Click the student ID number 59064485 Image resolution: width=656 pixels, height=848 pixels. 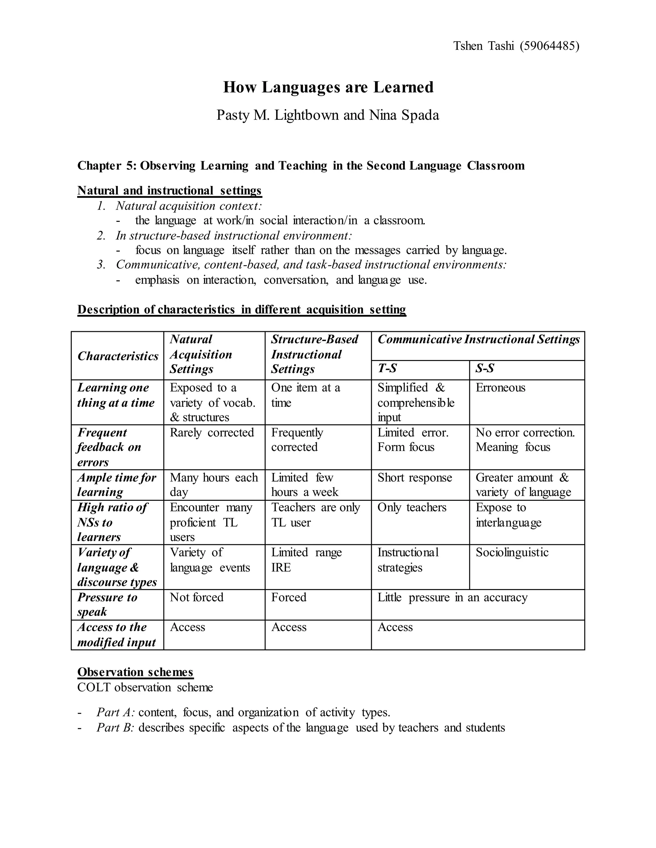click(x=549, y=46)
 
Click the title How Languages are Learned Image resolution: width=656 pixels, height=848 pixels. click(x=328, y=87)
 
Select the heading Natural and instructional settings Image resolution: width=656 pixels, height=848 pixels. click(x=169, y=191)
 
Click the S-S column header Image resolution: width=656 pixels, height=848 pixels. click(x=485, y=368)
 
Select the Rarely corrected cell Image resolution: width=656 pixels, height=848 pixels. click(x=212, y=433)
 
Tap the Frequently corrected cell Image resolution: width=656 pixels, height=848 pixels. click(x=297, y=440)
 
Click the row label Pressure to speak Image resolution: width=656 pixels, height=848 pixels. click(x=107, y=604)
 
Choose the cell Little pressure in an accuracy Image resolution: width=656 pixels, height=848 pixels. click(x=452, y=597)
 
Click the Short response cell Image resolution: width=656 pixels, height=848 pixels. click(x=415, y=477)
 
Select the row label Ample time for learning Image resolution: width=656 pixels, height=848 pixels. click(x=117, y=484)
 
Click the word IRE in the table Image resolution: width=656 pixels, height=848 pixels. click(x=281, y=568)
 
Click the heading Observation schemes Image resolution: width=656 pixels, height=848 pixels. click(x=135, y=672)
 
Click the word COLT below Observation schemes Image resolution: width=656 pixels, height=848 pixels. click(x=94, y=688)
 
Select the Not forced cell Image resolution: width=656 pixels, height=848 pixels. click(x=197, y=597)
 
